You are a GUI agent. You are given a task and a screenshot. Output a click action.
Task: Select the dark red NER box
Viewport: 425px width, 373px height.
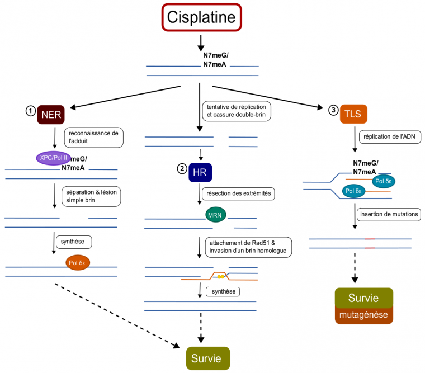(51, 115)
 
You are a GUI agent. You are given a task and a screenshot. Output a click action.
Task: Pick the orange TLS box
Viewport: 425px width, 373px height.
(353, 115)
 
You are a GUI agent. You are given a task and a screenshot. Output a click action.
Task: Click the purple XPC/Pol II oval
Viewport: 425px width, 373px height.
(54, 158)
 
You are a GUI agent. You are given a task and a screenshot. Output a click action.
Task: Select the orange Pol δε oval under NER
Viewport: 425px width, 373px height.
(78, 262)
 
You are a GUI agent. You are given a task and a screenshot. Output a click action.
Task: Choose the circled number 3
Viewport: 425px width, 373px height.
(334, 111)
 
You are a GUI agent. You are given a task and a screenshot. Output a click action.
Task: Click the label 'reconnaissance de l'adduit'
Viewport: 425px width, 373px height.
(93, 138)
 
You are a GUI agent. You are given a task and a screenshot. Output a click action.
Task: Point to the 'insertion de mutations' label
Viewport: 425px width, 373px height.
(390, 214)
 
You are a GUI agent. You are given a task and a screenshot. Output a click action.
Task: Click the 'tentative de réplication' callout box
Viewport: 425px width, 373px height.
(237, 111)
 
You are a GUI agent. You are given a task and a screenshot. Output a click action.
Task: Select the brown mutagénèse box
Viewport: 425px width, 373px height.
(363, 315)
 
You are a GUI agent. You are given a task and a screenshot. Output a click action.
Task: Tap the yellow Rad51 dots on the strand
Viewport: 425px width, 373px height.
(221, 276)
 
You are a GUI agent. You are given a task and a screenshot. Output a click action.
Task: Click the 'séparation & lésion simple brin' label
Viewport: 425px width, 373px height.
(93, 196)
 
